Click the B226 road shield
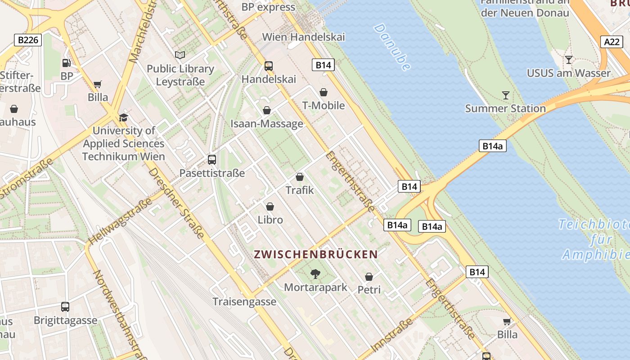click(28, 40)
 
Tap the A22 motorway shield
click(612, 42)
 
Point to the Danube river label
click(391, 47)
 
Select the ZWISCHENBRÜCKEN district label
click(316, 254)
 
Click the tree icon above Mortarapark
click(315, 274)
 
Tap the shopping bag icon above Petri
click(369, 277)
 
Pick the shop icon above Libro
click(270, 207)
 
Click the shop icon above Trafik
click(300, 177)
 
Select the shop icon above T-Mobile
click(323, 92)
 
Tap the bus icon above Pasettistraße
click(211, 160)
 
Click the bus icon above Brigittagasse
click(65, 307)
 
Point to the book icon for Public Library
click(180, 55)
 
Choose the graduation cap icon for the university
click(123, 117)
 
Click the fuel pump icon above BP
click(67, 63)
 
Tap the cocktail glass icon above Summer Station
click(506, 95)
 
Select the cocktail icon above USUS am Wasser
click(569, 59)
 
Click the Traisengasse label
click(244, 301)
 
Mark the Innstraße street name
click(392, 335)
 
